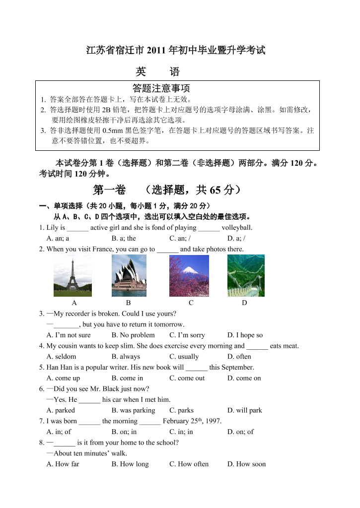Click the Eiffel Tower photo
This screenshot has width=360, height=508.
72,276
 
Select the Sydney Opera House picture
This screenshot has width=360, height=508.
129,276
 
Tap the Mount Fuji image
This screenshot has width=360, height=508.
189,276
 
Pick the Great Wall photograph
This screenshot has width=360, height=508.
246,276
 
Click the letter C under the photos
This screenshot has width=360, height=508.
191,303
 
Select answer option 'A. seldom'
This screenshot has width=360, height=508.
61,357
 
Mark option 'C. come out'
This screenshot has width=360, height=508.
187,378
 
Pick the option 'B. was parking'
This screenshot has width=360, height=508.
133,410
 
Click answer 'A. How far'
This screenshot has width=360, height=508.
63,464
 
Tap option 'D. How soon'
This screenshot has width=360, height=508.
246,464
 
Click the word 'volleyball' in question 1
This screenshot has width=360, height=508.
236,228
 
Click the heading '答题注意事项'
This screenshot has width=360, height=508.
162,88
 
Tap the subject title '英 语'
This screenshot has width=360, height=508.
158,72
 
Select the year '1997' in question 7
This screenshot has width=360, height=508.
212,421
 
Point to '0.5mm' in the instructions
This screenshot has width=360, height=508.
111,131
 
